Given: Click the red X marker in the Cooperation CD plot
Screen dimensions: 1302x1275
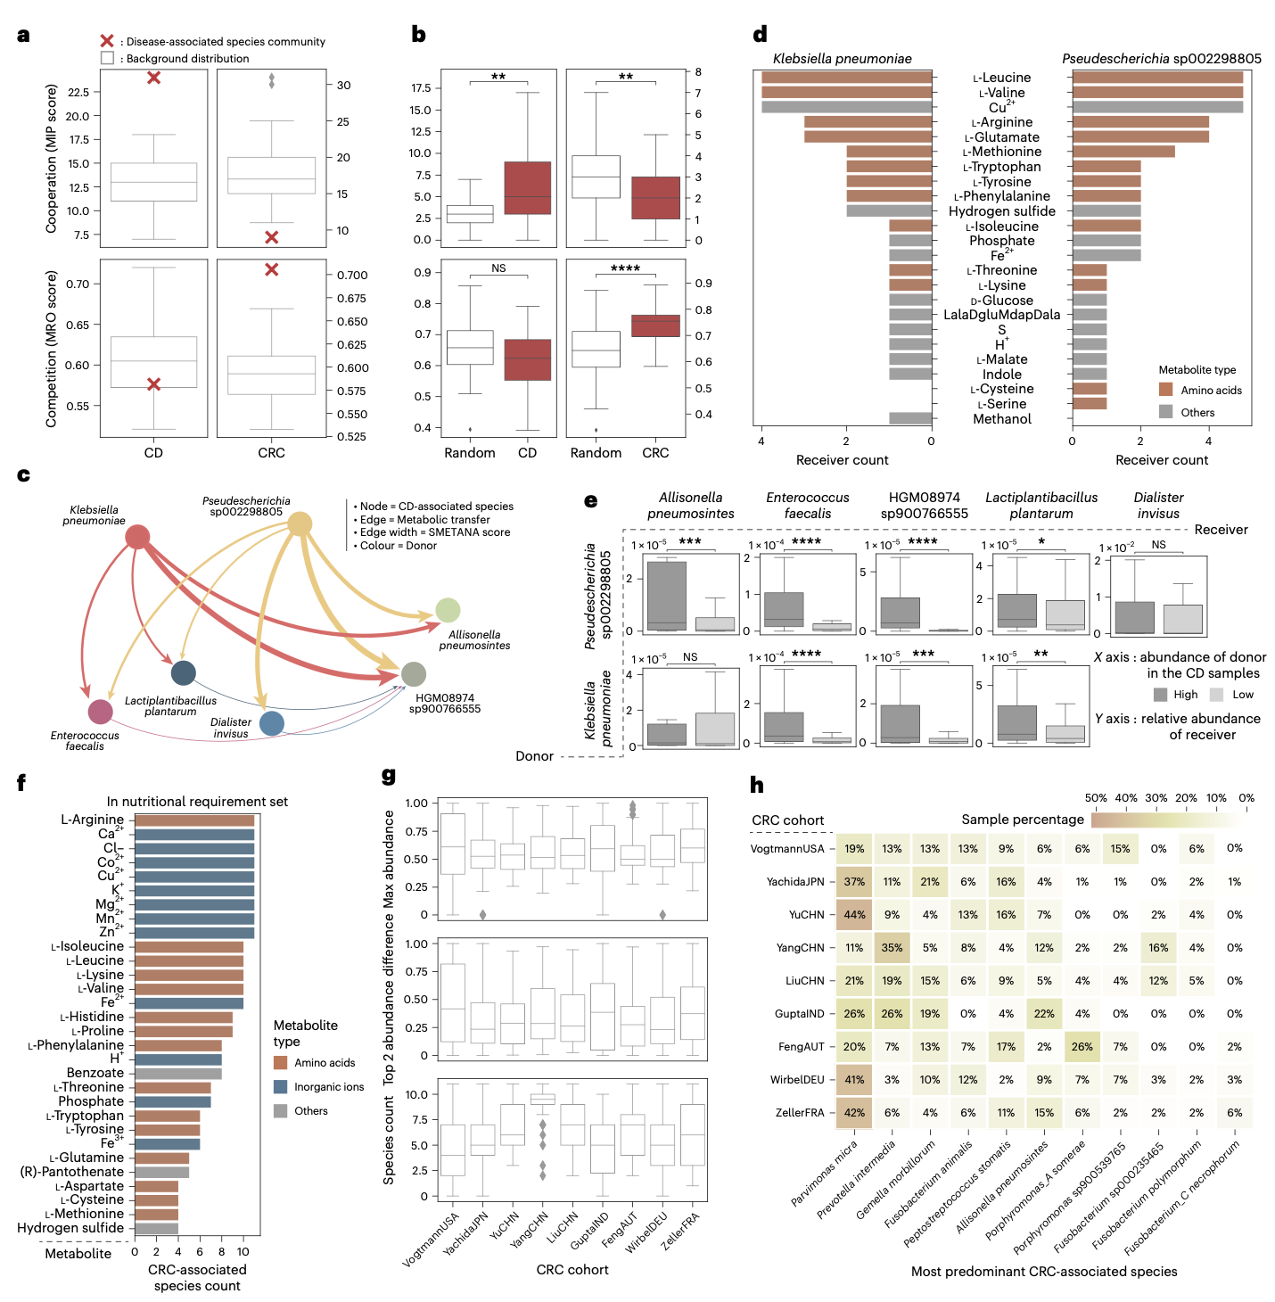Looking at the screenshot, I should click(x=153, y=78).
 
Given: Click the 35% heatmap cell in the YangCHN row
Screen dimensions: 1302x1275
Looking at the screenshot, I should click(x=892, y=948).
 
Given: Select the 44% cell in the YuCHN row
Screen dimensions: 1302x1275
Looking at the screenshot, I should click(x=854, y=915).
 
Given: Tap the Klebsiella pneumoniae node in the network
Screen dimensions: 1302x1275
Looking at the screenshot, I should click(x=137, y=537).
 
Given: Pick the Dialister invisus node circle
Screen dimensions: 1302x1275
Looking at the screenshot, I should click(x=272, y=723).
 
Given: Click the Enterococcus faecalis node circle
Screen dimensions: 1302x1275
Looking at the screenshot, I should click(x=101, y=712).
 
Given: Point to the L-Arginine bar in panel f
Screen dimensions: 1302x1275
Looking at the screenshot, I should click(x=194, y=820).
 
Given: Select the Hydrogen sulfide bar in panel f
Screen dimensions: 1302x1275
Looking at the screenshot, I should click(x=156, y=1228).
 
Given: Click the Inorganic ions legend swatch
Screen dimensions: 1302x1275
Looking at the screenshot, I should click(x=281, y=1087).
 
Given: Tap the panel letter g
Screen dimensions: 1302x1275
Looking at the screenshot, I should click(x=389, y=776).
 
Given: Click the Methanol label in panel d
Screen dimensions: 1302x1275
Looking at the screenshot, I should click(x=1002, y=419).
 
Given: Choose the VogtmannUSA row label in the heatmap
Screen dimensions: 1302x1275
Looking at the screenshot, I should click(x=787, y=849).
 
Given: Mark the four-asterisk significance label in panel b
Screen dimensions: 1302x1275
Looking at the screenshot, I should click(x=625, y=268).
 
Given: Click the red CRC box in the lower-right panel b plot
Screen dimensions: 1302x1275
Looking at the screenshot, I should click(x=655, y=325).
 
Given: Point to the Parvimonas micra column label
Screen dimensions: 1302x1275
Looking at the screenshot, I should click(x=825, y=1173).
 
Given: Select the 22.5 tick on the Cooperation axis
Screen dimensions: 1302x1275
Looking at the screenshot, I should click(x=78, y=93).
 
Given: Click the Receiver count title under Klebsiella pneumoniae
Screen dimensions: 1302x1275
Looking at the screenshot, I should click(x=842, y=460).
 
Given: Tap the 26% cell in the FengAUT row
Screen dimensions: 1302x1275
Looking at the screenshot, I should click(x=1082, y=1047).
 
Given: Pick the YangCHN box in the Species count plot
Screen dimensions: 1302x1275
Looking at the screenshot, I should click(x=542, y=1100).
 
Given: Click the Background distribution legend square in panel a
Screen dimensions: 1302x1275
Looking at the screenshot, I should click(x=107, y=58).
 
